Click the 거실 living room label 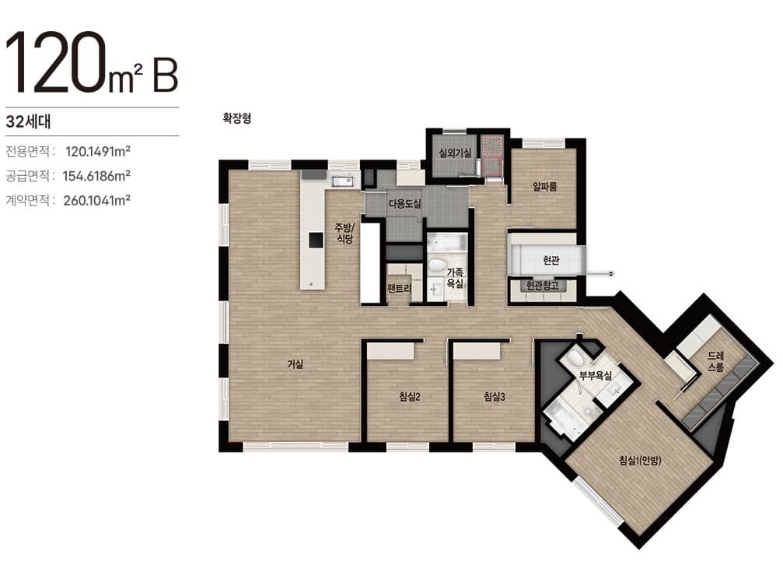click(295, 364)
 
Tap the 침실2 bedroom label click(410, 397)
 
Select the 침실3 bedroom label click(495, 397)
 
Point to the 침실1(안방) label click(640, 460)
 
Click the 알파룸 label click(544, 187)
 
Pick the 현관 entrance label click(551, 261)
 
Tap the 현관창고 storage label click(542, 286)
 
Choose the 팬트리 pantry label click(399, 288)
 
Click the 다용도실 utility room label click(404, 203)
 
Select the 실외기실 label click(454, 153)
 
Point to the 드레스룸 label click(715, 362)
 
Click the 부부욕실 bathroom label click(596, 376)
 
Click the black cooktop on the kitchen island click(316, 240)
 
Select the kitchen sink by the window click(343, 181)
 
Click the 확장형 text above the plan click(236, 118)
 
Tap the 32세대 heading click(29, 121)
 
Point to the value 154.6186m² click(96, 176)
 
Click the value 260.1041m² click(97, 201)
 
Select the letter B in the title click(166, 75)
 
